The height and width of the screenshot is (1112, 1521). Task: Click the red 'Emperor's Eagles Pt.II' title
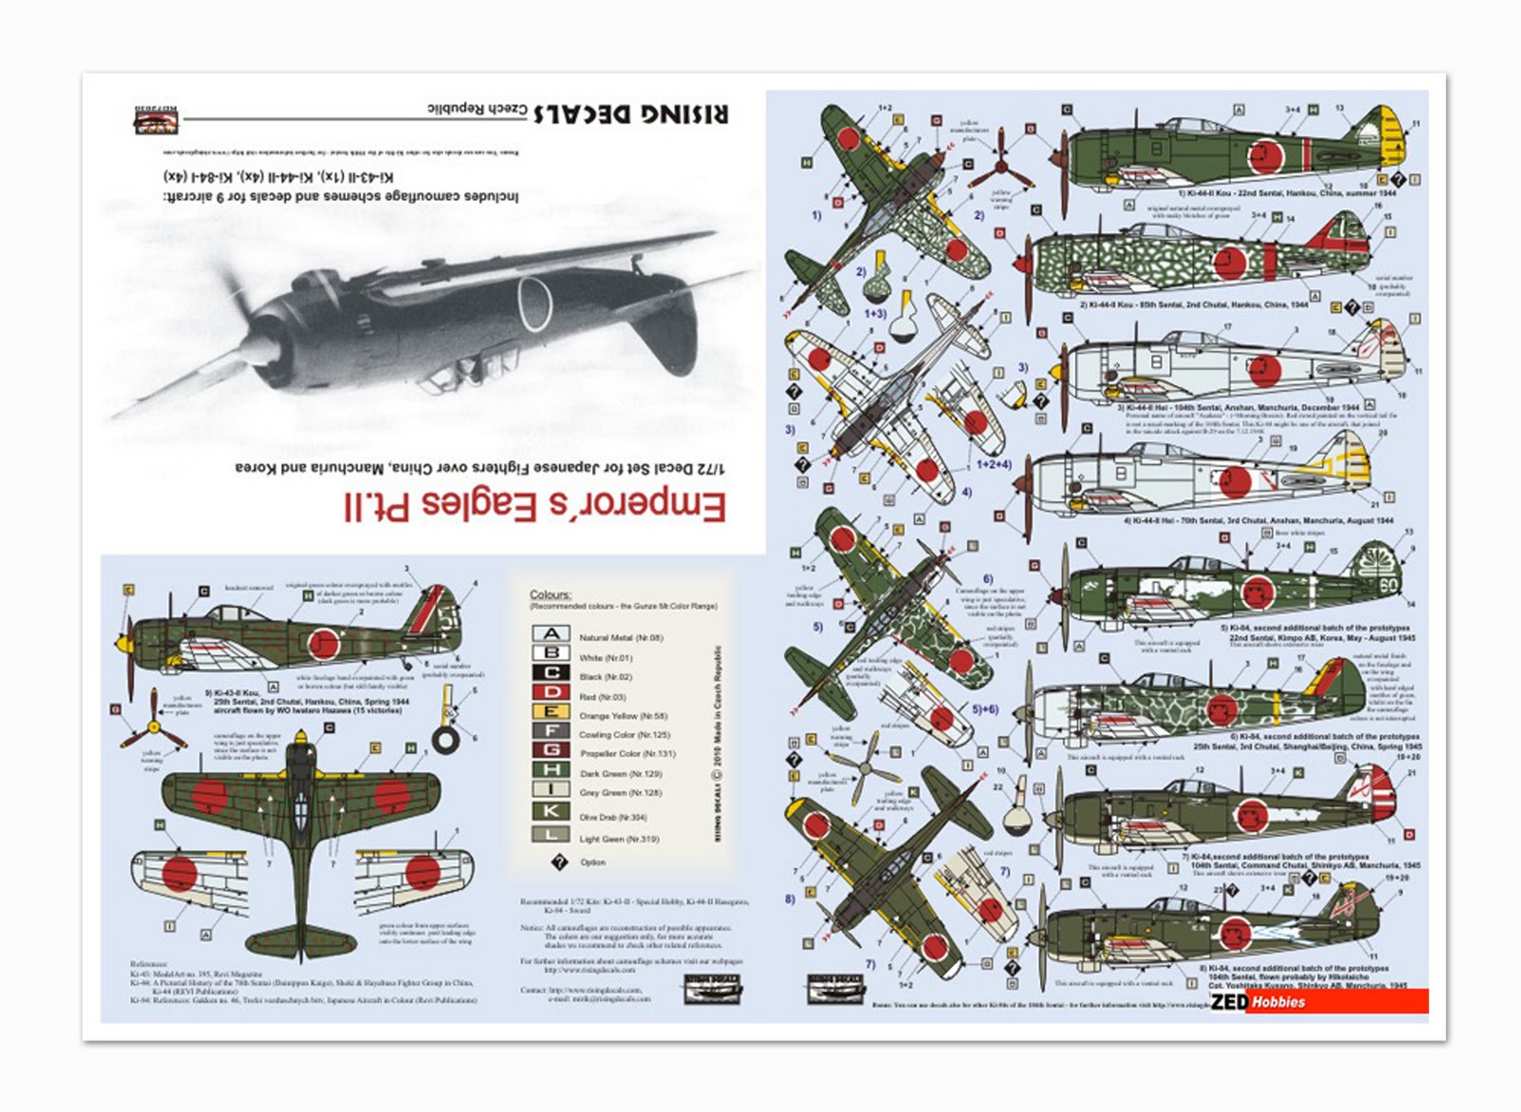535,505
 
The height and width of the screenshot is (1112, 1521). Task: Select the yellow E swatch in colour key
550,712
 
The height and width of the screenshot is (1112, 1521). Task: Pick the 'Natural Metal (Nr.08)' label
621,638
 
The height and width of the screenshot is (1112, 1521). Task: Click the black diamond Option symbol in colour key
559,861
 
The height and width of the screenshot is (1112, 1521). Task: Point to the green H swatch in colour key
550,770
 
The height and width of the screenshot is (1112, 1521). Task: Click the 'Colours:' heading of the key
550,594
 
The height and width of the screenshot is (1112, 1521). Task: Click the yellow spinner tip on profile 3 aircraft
1055,372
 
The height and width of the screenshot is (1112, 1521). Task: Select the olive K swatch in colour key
550,811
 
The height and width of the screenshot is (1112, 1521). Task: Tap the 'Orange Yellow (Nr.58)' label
623,715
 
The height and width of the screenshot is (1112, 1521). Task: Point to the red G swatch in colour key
550,750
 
